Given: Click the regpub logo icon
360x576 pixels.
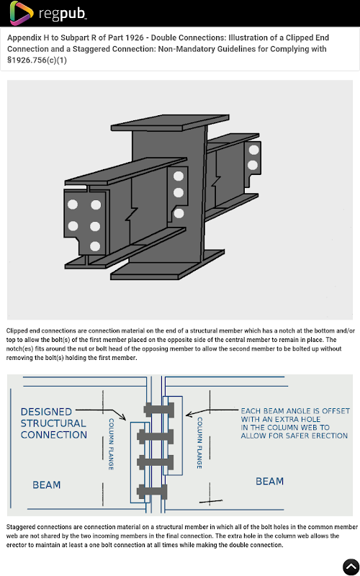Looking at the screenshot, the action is [22, 13].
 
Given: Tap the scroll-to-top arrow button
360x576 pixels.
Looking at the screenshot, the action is [351, 567].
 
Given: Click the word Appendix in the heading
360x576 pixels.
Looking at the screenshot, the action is [24, 38].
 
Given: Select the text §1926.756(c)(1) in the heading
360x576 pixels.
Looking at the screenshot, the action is [37, 60].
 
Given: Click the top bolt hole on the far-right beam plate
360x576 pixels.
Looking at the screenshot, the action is [254, 150].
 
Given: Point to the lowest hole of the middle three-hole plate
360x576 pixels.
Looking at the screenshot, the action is [179, 213].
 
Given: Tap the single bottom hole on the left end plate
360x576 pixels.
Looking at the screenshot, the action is [95, 246].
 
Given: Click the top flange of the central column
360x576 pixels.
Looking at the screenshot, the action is [170, 123].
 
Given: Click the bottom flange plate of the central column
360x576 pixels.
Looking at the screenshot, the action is [168, 265].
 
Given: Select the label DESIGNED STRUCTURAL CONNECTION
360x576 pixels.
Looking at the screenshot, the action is [53, 423].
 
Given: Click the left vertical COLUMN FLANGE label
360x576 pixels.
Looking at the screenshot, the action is [111, 444].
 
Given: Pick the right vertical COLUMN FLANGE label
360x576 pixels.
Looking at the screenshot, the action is [199, 443].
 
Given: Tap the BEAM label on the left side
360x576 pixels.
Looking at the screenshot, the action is [47, 485].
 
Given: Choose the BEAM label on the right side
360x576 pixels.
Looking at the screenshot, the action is [269, 481].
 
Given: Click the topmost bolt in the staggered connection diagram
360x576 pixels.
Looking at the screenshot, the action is [159, 409].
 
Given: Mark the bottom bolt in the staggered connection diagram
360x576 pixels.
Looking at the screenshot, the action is [152, 492].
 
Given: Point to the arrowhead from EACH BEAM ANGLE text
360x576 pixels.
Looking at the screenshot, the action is [189, 415].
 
